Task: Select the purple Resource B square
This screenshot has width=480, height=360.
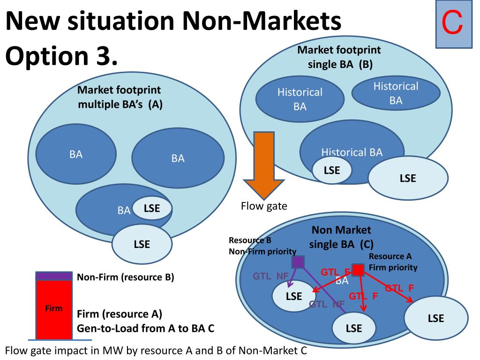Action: [x=298, y=262]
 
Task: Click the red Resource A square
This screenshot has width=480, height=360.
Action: [x=358, y=270]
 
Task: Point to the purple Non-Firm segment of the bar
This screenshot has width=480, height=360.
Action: [x=54, y=276]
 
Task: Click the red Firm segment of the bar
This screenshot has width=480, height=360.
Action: [x=54, y=309]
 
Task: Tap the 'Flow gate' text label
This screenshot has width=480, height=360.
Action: [x=264, y=206]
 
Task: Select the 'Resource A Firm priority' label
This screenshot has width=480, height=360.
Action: [x=393, y=262]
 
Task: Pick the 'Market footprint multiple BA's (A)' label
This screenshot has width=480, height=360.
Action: [x=120, y=97]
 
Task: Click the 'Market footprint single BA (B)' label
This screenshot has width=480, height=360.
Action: [x=339, y=57]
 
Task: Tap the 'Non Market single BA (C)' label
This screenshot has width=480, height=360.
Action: [x=341, y=237]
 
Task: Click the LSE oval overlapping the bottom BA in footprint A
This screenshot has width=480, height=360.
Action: [x=152, y=209]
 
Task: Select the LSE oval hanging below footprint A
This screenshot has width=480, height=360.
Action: [x=142, y=244]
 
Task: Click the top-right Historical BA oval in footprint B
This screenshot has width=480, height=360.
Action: [x=396, y=93]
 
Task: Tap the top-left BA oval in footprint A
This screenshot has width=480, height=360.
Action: [x=76, y=155]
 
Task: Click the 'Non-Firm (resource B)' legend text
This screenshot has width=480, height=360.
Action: [x=126, y=277]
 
